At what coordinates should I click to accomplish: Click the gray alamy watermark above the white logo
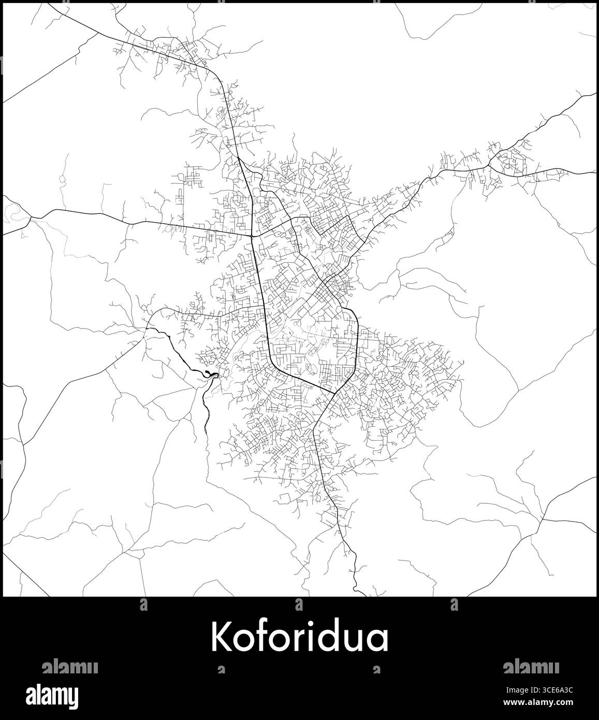pyautogui.click(x=69, y=668)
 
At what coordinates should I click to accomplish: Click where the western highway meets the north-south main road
pyautogui.click(x=252, y=235)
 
